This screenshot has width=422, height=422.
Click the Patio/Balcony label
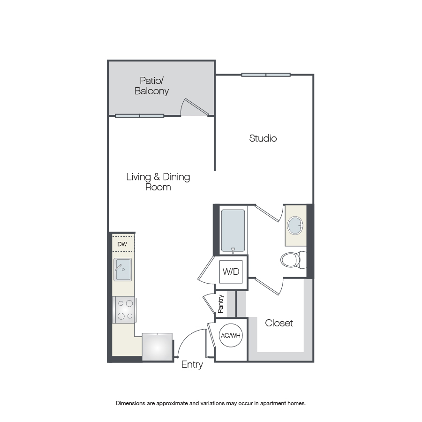[151, 86]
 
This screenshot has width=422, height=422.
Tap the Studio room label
[263, 138]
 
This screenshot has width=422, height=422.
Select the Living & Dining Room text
[158, 182]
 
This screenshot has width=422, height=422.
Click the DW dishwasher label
[122, 244]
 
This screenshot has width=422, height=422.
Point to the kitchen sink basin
[123, 270]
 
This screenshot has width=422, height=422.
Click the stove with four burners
[125, 310]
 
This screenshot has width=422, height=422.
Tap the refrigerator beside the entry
[157, 347]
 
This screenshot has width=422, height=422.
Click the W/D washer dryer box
[231, 272]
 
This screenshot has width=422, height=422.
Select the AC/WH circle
[231, 335]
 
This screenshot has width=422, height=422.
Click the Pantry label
[221, 304]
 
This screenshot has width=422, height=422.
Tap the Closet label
[279, 323]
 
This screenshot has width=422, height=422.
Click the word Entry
[192, 365]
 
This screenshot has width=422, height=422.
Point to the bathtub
[233, 231]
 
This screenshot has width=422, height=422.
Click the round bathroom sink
[295, 226]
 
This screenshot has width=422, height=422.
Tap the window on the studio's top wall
[266, 75]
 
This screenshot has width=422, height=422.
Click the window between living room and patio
[139, 116]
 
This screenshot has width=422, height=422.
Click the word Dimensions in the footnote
[130, 403]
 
